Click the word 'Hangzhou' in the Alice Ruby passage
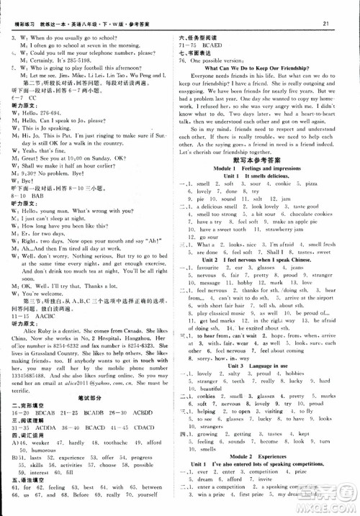(x=135, y=316)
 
